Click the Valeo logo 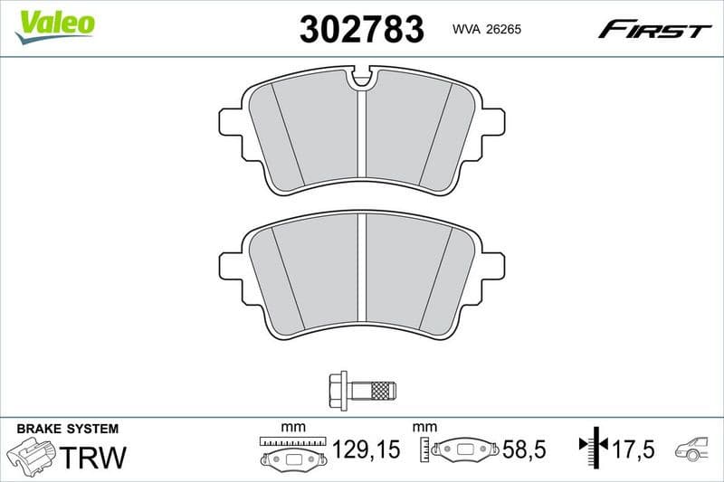(x=55, y=24)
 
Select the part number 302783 (x=361, y=29)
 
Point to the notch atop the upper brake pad (x=362, y=80)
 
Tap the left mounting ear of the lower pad (x=232, y=266)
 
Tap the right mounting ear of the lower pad (x=491, y=266)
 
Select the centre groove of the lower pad (x=362, y=271)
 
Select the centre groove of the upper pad (x=362, y=136)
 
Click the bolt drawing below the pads (x=361, y=391)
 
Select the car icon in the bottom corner (x=694, y=449)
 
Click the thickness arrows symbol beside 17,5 (x=591, y=446)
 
